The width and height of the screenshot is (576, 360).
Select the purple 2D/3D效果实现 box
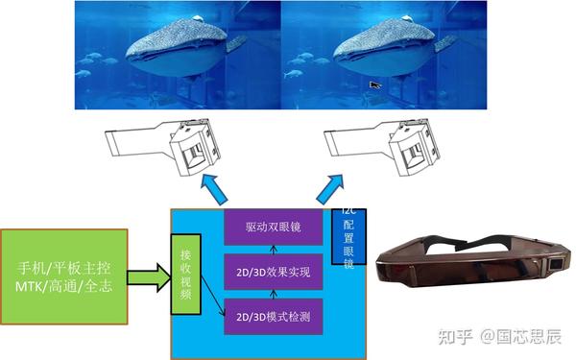[x=272, y=273]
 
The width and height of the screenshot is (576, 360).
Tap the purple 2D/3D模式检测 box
[x=272, y=316]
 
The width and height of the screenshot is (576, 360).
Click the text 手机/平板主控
[x=64, y=264]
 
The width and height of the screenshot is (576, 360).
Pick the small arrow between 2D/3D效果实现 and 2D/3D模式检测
[x=272, y=294]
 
